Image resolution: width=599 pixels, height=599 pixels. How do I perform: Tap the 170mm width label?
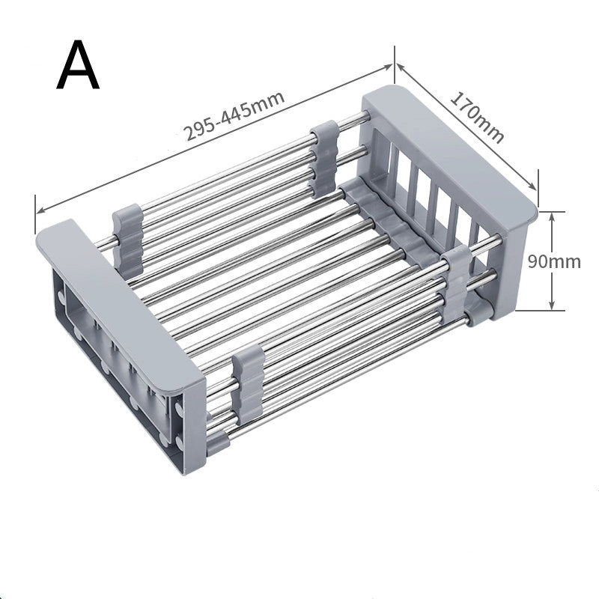pyautogui.click(x=476, y=117)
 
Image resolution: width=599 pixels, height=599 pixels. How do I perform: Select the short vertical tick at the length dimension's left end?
pyautogui.click(x=35, y=213)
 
